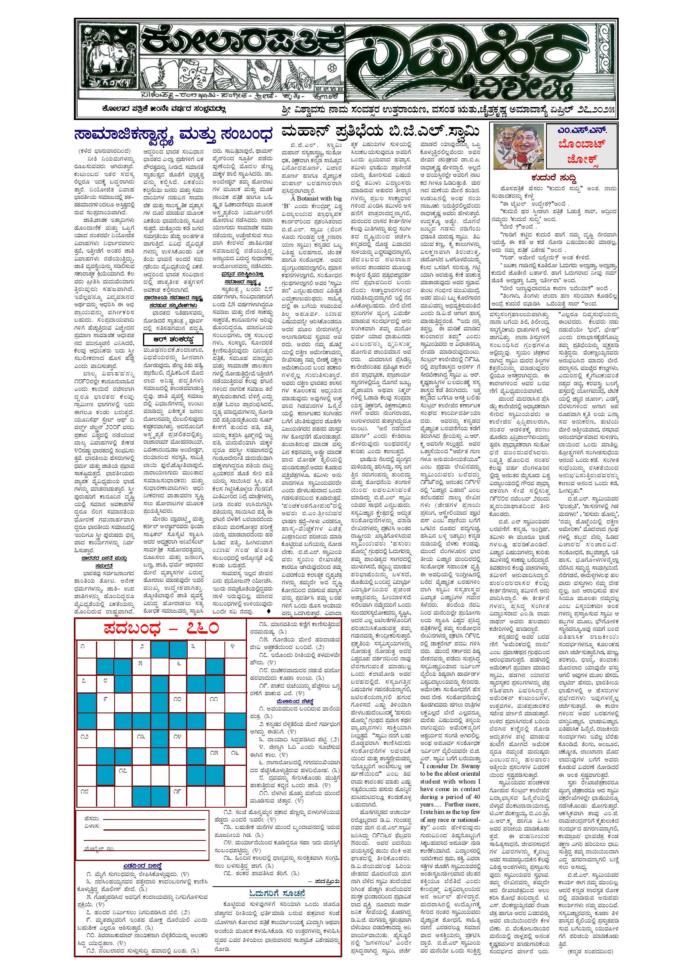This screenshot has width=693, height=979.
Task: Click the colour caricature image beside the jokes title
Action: pyautogui.click(x=517, y=145)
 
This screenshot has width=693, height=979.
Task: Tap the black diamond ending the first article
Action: pyautogui.click(x=268, y=611)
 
